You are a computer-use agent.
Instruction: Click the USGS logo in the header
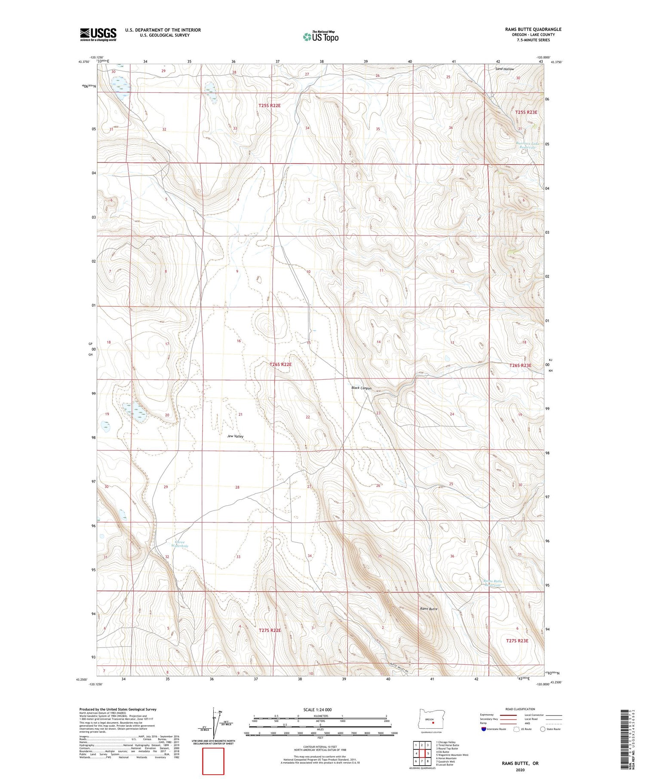click(x=98, y=34)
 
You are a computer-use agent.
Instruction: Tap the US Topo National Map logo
click(x=320, y=37)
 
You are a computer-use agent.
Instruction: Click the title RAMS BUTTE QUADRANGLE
click(x=533, y=29)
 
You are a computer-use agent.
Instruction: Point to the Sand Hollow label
click(x=504, y=69)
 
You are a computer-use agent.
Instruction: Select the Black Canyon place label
click(x=361, y=388)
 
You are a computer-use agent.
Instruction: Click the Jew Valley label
click(x=235, y=436)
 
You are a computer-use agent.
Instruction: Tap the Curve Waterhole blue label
click(x=180, y=544)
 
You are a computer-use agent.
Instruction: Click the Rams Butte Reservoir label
click(x=493, y=583)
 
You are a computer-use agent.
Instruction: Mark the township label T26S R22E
click(x=280, y=364)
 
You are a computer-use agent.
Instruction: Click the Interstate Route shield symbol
click(x=484, y=729)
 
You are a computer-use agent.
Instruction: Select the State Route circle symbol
click(x=543, y=729)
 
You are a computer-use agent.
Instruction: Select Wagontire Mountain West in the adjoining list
click(x=452, y=755)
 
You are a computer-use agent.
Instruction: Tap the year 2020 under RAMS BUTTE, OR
click(x=519, y=770)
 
